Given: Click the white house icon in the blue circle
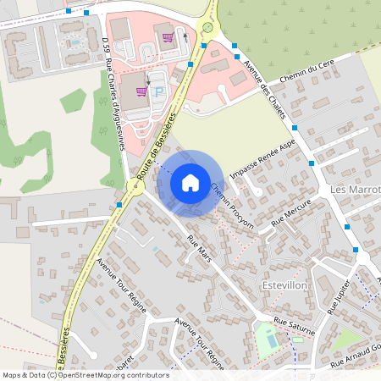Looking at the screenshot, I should pos(190,182).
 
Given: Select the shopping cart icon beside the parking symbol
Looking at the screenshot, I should pos(141,91).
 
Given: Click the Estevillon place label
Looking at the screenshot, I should pos(285,284).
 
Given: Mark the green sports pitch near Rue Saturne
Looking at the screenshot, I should pos(267,340).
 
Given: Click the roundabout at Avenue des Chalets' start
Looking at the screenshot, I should pos(207,28).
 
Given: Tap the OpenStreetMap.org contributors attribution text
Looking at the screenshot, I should pos(110,374).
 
